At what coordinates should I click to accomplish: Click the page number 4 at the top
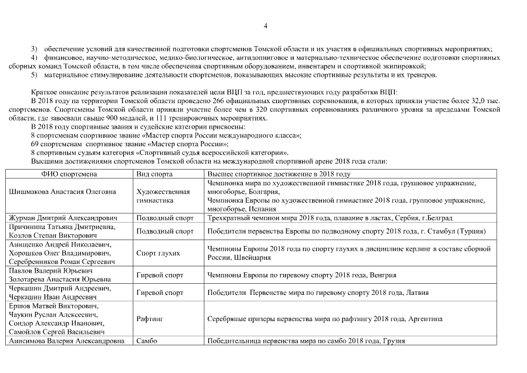pyautogui.click(x=265, y=26)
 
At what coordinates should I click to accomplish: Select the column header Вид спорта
pyautogui.click(x=154, y=174)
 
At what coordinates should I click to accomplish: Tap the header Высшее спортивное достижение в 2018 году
pyautogui.click(x=279, y=174)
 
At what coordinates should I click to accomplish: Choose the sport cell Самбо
pyautogui.click(x=146, y=341)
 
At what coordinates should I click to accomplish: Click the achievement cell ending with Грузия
pyautogui.click(x=306, y=341)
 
